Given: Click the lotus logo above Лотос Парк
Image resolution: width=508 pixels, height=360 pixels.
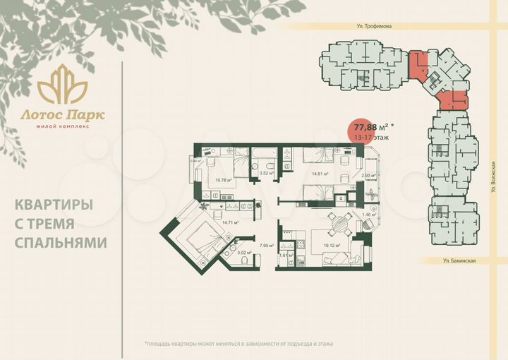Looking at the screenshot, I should click(x=62, y=83).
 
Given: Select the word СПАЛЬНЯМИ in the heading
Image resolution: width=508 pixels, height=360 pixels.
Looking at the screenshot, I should click(x=61, y=242).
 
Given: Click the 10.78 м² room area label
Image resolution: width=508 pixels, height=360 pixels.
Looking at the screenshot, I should click(x=224, y=180).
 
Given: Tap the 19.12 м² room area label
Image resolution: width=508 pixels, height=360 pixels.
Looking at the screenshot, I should click(x=332, y=246).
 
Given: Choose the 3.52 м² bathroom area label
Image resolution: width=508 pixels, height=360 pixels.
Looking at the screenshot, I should click(x=266, y=173).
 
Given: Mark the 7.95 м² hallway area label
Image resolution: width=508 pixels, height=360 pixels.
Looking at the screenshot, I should click(x=266, y=246).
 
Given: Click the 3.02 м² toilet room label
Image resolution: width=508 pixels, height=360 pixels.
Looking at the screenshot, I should click(x=243, y=253).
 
